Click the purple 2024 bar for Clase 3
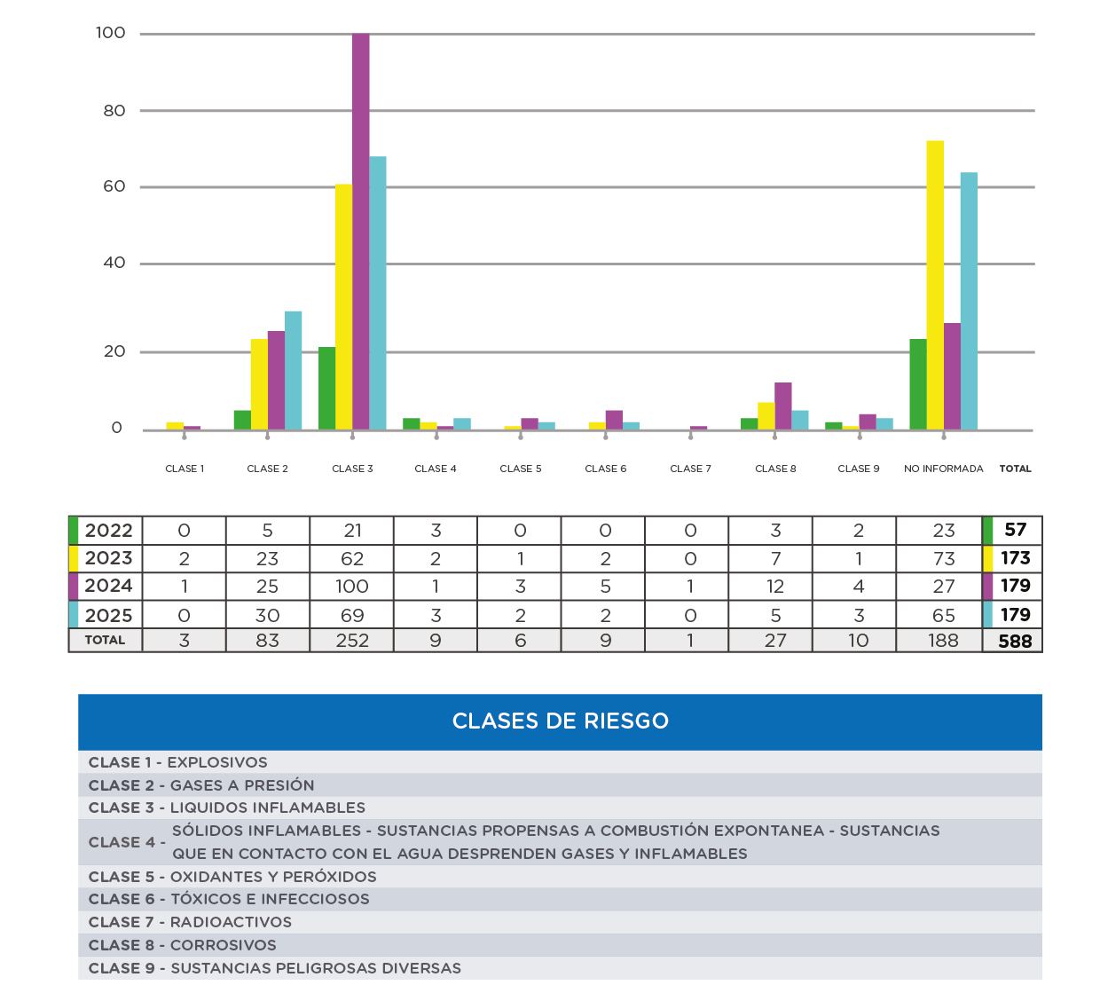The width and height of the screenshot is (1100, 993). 361,231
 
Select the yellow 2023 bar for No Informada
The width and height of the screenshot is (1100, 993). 935,284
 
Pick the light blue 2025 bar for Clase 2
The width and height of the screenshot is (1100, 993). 293,370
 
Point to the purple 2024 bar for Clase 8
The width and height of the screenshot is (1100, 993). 782,406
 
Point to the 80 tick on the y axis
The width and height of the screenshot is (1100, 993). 114,111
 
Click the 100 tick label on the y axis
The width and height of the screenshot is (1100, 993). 111,33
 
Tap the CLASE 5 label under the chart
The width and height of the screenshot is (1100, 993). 521,469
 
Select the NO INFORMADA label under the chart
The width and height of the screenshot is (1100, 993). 943,469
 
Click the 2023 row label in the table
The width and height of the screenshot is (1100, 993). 108,558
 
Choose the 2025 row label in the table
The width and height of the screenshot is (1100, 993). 108,615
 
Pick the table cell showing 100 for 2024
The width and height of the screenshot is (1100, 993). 352,587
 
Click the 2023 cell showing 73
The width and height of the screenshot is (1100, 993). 944,559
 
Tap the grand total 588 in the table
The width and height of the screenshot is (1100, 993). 1015,641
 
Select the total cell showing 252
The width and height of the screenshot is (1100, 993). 352,641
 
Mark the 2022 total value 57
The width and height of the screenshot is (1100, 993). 1015,530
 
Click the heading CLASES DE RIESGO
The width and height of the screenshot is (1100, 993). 560,721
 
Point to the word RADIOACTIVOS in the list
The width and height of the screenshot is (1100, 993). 231,922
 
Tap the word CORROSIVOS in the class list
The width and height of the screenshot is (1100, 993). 224,945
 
